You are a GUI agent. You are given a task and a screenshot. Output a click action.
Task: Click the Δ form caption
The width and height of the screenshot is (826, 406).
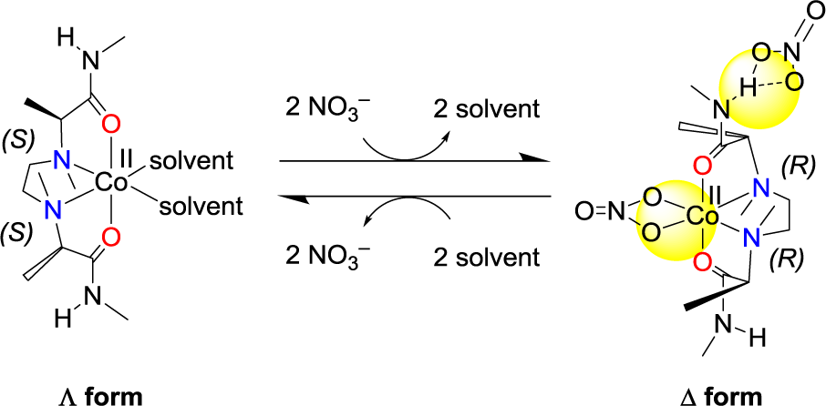pyautogui.click(x=724, y=395)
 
